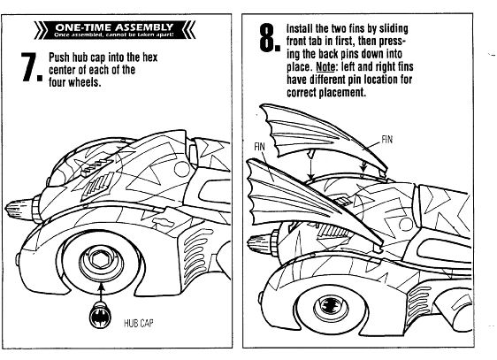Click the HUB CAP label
pos(139,323)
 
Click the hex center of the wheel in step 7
pos(101,261)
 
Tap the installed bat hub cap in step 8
pos(332,306)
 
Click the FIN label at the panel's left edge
pos(259,147)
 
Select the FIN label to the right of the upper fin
pos(386,140)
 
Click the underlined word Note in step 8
pos(325,66)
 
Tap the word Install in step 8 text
pos(300,28)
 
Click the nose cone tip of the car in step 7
pos(7,210)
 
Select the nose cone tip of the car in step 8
pos(249,243)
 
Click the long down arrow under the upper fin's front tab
pos(311,164)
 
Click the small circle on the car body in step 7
pos(182,169)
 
